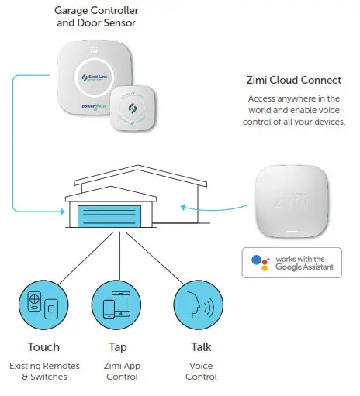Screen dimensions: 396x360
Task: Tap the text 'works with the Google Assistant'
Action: [x=304, y=263]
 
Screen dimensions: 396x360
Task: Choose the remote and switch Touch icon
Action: [x=43, y=305]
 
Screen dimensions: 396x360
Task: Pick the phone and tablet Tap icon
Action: [x=116, y=305]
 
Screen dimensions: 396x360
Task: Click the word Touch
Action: [x=43, y=347]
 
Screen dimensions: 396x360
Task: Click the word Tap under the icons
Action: [x=116, y=347]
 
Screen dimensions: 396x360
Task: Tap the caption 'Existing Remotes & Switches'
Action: [x=43, y=370]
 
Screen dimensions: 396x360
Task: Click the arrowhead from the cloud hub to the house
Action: [x=183, y=206]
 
